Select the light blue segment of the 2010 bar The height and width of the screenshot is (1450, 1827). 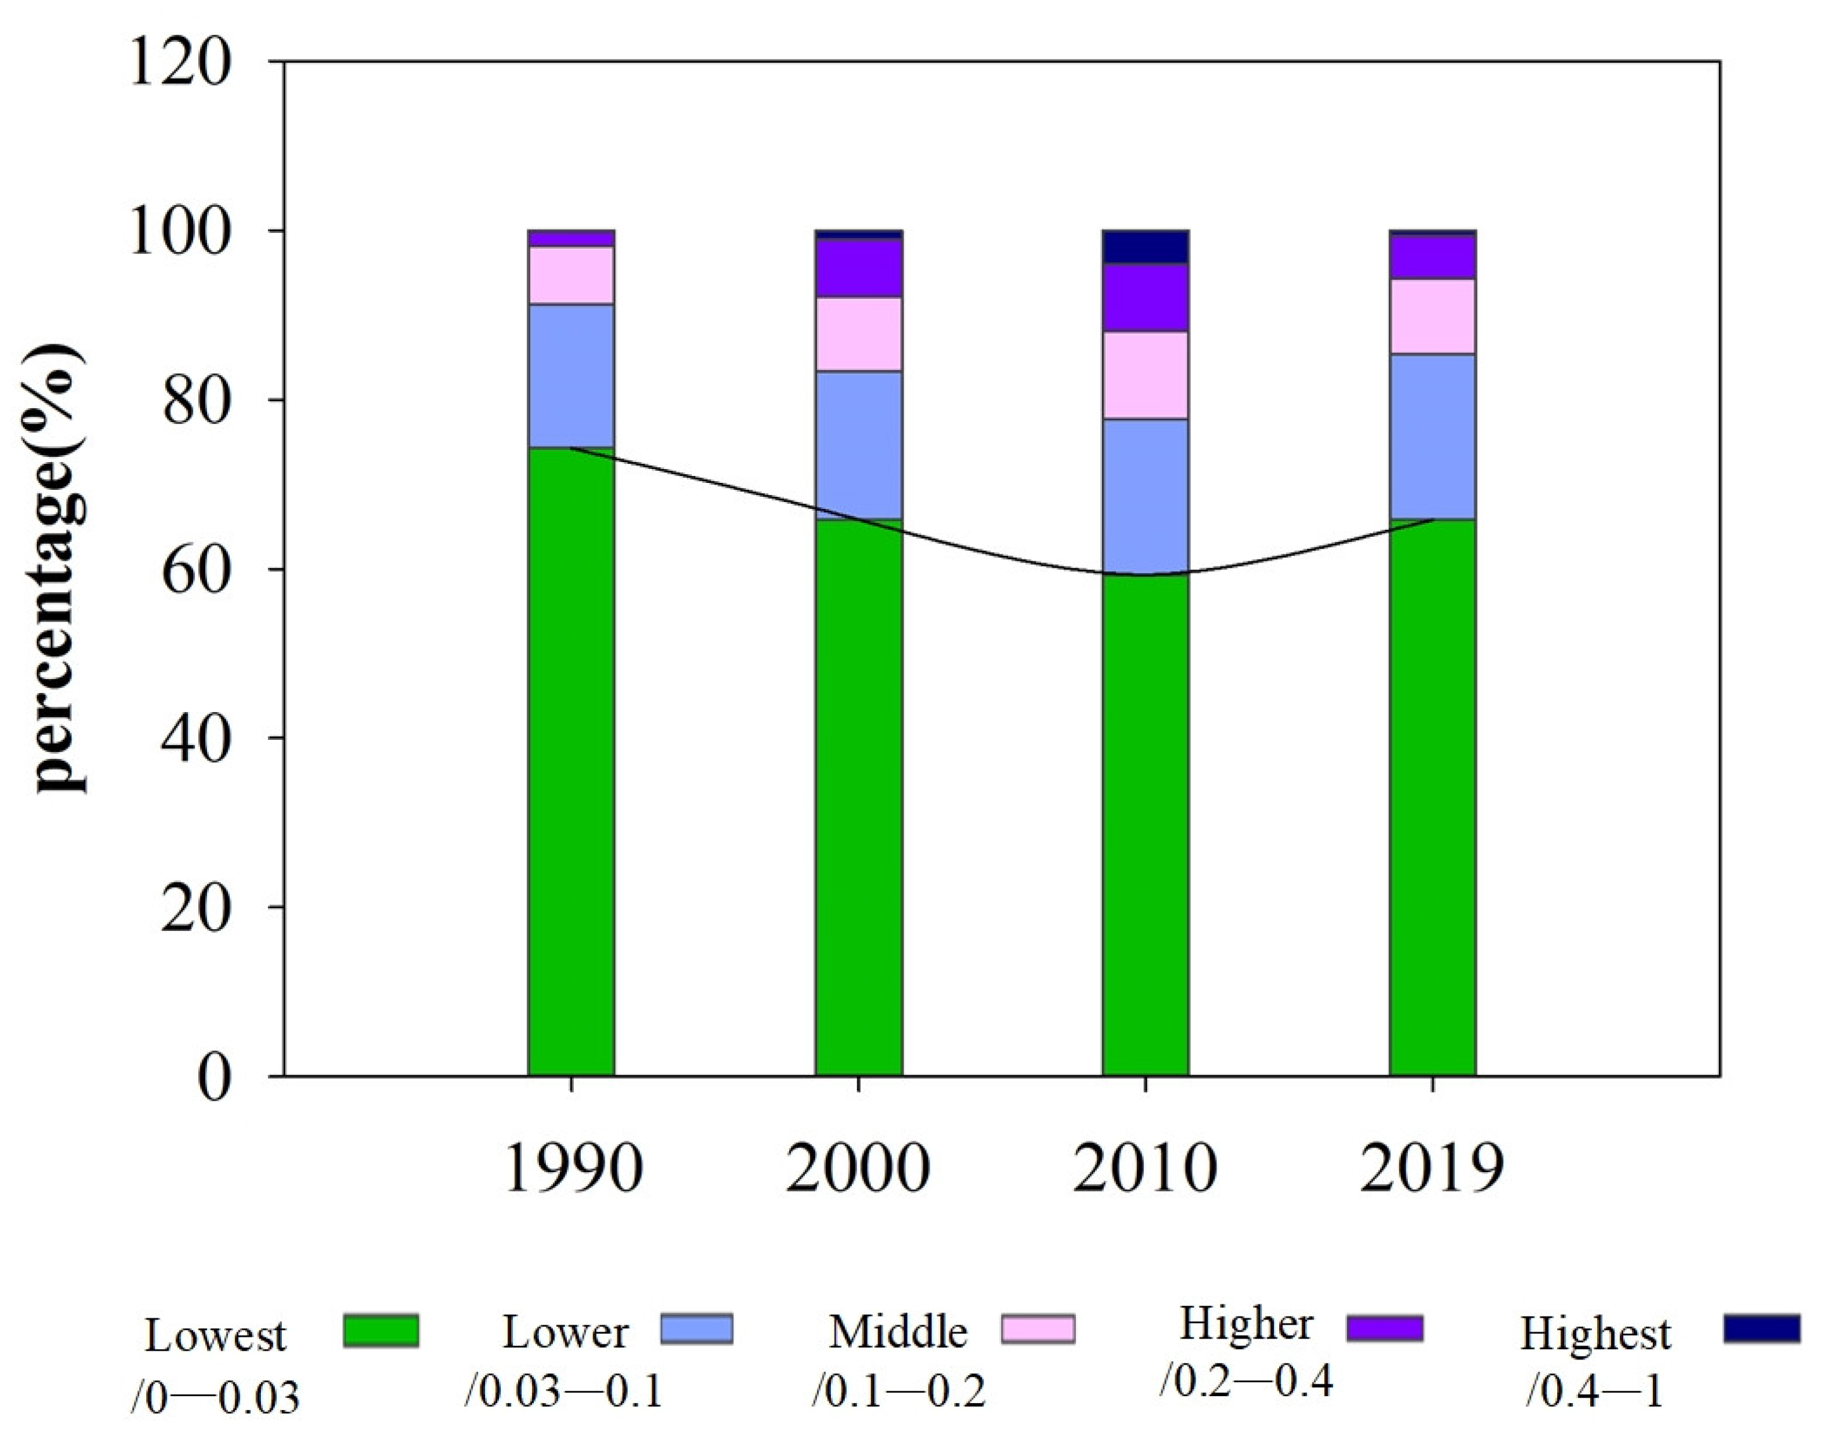1145,496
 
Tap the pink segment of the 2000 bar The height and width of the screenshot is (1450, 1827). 859,334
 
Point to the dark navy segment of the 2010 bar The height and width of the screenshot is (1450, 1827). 1145,246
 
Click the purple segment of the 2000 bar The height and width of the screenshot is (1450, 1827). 859,268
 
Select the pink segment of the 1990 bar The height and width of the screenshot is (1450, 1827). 571,275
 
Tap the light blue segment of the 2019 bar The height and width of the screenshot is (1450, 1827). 1432,435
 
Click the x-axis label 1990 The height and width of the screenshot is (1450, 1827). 573,1170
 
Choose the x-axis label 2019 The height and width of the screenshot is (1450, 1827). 1431,1170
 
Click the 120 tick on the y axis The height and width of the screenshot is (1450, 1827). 180,63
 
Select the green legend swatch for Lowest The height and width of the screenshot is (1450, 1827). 381,1330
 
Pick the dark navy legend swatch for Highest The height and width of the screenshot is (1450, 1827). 1761,1328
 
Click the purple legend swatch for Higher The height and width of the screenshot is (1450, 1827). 1384,1328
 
